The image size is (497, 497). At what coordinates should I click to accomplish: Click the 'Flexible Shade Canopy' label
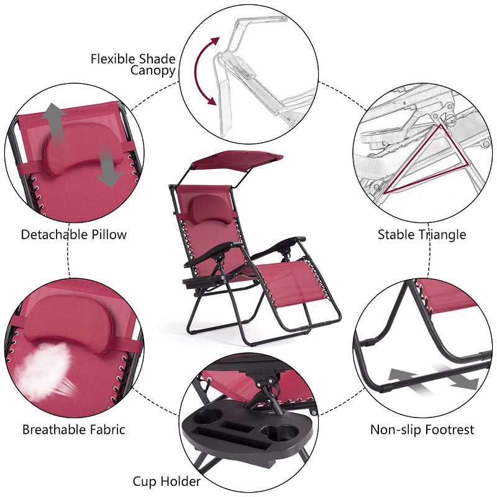[133, 65]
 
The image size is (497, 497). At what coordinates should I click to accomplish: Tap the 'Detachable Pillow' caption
[73, 235]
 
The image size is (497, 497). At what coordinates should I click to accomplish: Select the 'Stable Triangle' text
[422, 235]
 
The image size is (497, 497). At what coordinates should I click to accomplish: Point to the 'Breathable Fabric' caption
[73, 429]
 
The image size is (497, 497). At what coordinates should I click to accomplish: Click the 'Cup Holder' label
[166, 481]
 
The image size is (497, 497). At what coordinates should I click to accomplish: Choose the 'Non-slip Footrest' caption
[422, 429]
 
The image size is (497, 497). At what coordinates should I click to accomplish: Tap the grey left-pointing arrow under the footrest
[404, 375]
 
